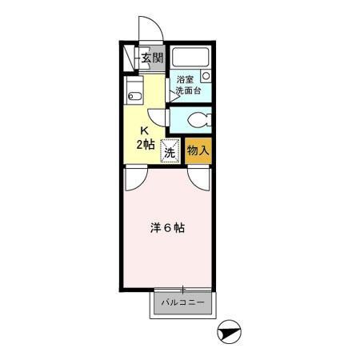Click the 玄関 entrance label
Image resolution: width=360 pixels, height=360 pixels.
coord(152,58)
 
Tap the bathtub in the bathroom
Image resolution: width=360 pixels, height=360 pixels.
coord(190,57)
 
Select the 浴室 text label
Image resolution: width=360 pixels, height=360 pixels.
coord(185,79)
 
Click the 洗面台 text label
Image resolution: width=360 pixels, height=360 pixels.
coord(188,90)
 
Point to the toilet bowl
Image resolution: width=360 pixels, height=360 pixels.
coord(199,120)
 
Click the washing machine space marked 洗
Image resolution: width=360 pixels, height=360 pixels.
coord(170,151)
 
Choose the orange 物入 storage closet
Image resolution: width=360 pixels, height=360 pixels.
coord(198,151)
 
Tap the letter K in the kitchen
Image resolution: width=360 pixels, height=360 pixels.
coord(144,130)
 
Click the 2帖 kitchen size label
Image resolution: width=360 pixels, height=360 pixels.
coord(146,144)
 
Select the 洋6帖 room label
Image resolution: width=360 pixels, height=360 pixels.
coord(167,228)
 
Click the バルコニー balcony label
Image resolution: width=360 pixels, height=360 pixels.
coord(183,302)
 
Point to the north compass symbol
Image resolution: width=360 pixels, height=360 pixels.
coord(229,332)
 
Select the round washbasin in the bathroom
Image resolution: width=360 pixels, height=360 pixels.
coord(206,75)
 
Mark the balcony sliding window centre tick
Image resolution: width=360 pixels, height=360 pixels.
coord(183,289)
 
